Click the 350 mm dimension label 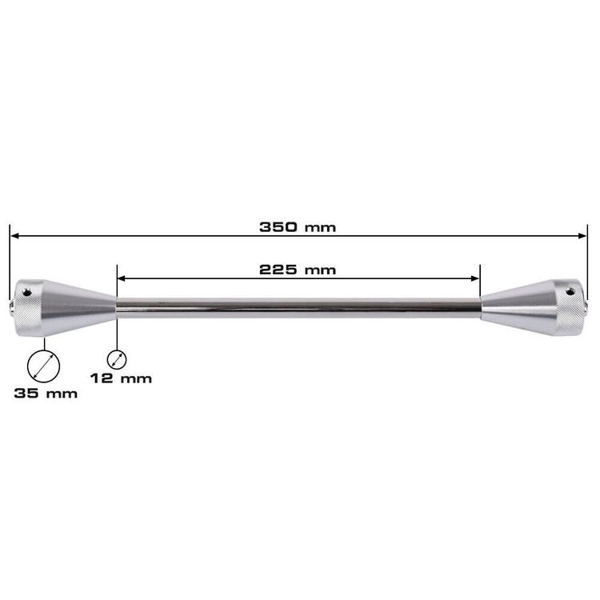[298, 227]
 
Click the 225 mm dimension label [298, 270]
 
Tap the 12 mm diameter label [121, 378]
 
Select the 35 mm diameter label [46, 393]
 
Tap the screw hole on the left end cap [26, 293]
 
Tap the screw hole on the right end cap [570, 292]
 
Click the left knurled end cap [29, 308]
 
